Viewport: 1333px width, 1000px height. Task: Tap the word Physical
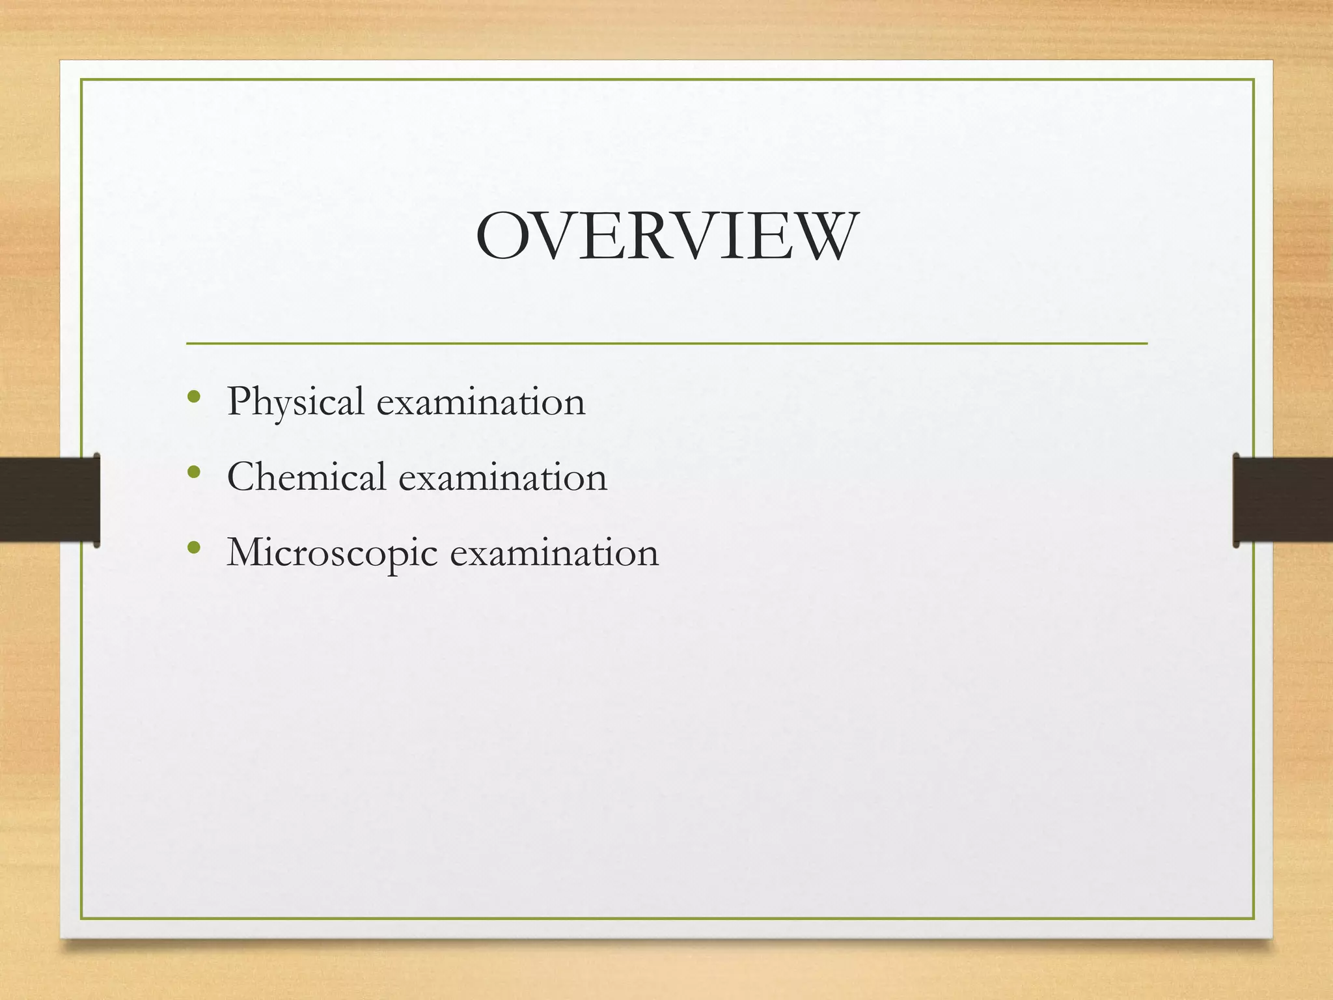coord(295,402)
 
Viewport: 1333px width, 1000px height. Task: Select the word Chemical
coord(307,477)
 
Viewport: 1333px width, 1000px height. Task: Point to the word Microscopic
coord(332,553)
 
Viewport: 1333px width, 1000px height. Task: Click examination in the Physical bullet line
coord(481,402)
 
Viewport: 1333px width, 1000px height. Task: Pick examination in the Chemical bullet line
coord(502,477)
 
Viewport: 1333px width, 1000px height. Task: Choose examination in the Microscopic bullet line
coord(555,553)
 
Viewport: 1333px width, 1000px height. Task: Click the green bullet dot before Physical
coord(193,396)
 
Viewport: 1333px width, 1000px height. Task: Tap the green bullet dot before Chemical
coord(193,471)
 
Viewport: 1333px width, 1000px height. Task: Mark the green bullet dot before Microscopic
coord(193,548)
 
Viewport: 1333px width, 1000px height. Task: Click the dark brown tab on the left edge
coord(49,499)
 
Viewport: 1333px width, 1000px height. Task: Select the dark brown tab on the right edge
coord(1283,499)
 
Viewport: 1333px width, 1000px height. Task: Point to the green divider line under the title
coord(666,343)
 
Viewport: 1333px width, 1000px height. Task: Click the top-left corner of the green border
coord(81,80)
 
